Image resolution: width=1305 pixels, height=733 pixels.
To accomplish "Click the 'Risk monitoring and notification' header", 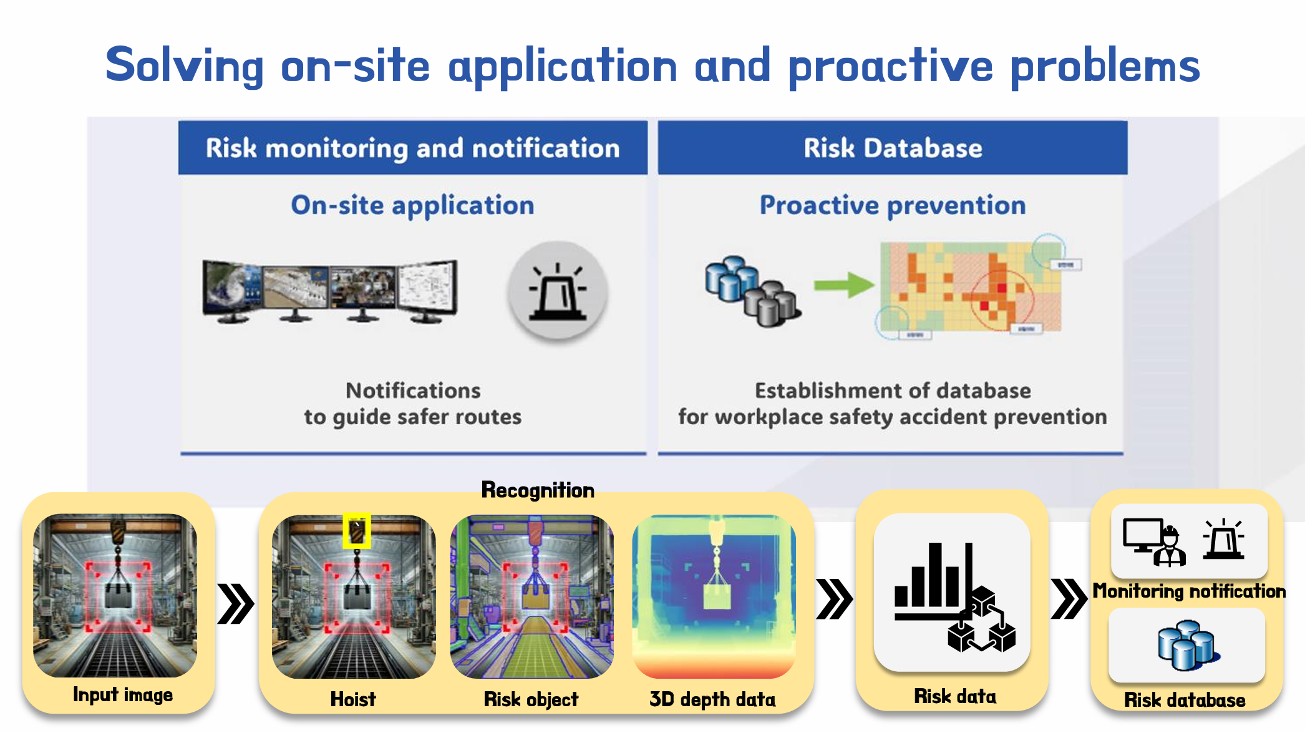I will point(412,148).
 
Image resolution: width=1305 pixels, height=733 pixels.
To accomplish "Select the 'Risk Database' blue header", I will point(892,148).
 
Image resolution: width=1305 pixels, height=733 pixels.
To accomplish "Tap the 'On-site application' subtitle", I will point(412,205).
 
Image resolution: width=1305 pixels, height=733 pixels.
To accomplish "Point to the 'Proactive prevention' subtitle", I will point(892,205).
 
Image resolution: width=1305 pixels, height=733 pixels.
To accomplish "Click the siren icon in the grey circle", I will point(557,292).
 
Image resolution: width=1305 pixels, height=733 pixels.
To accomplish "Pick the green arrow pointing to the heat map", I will point(843,285).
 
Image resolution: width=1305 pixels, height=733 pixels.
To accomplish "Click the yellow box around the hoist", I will point(357,531).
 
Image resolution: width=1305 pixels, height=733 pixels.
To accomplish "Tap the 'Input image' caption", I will point(122,695).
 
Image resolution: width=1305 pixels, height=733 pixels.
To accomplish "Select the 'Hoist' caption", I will point(353,699).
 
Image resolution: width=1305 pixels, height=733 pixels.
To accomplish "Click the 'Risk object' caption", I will point(531,699).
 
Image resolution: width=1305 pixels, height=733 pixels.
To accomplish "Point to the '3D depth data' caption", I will point(712,699).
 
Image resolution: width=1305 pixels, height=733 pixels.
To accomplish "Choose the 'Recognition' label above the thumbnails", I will point(538,490).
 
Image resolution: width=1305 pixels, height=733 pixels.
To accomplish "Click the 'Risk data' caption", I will point(954,696).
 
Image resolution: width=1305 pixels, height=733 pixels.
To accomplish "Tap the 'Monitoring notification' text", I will point(1188,591).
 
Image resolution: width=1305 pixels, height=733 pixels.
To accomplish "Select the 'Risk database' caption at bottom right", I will point(1185,700).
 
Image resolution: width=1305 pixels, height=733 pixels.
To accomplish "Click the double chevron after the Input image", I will point(235,603).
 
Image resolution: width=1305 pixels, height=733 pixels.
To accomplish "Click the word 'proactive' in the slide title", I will point(890,66).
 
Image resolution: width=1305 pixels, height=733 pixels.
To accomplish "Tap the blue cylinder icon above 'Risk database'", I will point(1186,645).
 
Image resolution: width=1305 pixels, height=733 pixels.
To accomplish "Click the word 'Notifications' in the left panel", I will point(413,391).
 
